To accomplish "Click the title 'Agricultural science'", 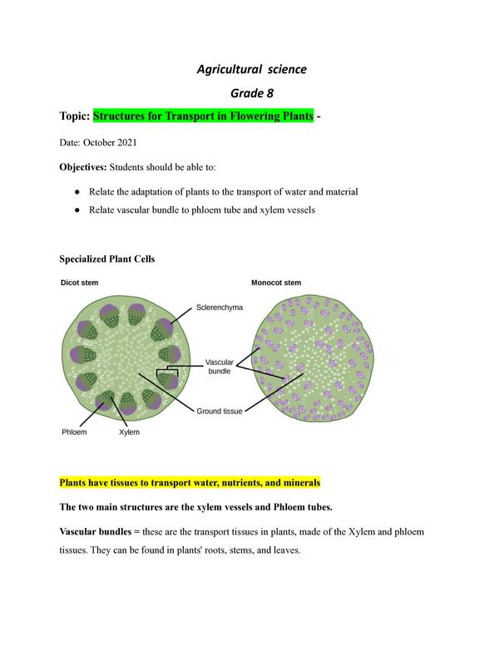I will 251,69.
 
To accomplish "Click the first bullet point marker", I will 77,191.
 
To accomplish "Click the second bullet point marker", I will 77,210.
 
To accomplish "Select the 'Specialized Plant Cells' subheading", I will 107,259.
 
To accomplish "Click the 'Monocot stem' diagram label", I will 276,283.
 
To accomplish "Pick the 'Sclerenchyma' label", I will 220,307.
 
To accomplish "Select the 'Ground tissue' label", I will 220,411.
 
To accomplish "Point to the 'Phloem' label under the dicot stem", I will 74,432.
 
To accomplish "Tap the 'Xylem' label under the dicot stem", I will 130,432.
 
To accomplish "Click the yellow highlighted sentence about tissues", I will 190,482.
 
